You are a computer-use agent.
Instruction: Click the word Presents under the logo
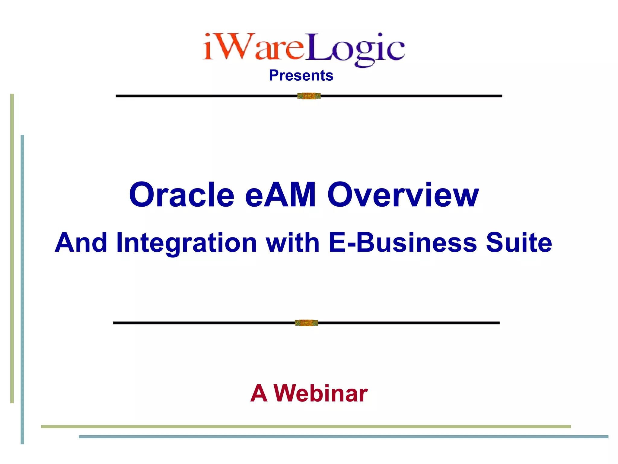(x=301, y=76)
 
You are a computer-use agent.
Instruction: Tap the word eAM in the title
(x=280, y=195)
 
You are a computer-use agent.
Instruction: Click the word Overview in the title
(x=403, y=195)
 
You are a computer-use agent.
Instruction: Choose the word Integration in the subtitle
(x=186, y=243)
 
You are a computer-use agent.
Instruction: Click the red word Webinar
(x=320, y=394)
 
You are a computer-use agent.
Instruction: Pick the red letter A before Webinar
(x=259, y=394)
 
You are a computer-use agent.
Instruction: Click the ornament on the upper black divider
(x=309, y=96)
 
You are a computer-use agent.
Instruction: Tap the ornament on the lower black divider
(x=306, y=323)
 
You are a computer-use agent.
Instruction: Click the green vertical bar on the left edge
(x=12, y=248)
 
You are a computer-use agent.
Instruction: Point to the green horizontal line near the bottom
(x=305, y=427)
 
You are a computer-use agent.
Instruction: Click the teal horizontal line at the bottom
(x=343, y=437)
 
